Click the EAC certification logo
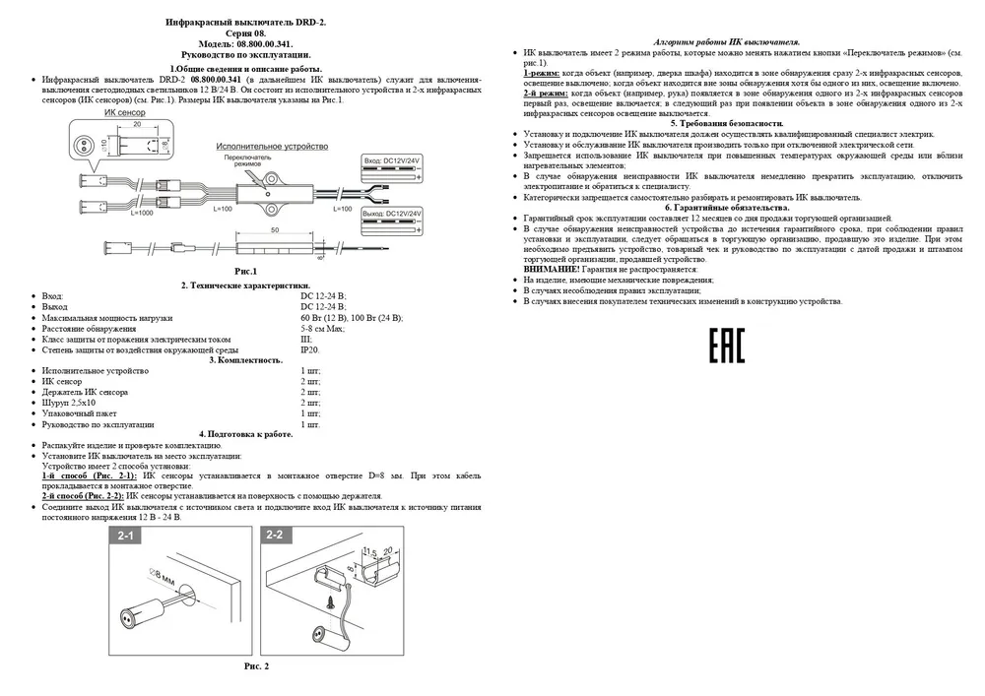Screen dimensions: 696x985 728,348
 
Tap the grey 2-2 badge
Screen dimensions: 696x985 275,537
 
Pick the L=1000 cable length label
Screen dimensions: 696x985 114,213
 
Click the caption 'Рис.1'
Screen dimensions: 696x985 245,270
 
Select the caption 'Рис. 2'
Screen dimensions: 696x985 256,666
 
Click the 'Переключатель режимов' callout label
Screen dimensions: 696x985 243,160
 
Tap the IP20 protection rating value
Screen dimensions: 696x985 310,349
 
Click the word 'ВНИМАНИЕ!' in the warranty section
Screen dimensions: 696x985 551,269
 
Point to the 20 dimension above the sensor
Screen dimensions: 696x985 138,127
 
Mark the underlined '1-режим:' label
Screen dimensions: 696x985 542,74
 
